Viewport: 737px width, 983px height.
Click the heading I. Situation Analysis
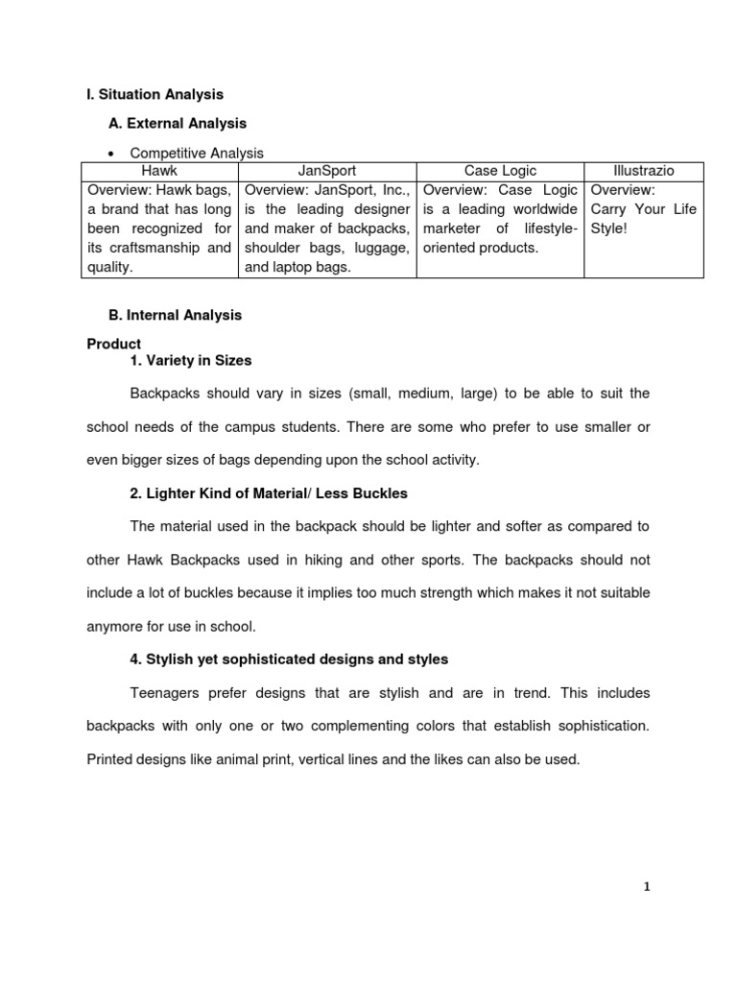155,94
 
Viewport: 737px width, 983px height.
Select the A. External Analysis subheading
179,123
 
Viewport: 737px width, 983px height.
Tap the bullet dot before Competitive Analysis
112,154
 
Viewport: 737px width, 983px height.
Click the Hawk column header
159,170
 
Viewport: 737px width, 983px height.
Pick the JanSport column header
326,170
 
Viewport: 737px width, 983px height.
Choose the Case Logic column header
500,170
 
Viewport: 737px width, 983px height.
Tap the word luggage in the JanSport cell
381,248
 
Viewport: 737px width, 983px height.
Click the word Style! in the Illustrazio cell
608,228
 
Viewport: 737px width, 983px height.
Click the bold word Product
114,344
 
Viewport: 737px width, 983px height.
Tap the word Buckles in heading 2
380,493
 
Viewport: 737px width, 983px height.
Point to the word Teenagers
165,692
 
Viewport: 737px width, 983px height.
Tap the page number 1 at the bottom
647,887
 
